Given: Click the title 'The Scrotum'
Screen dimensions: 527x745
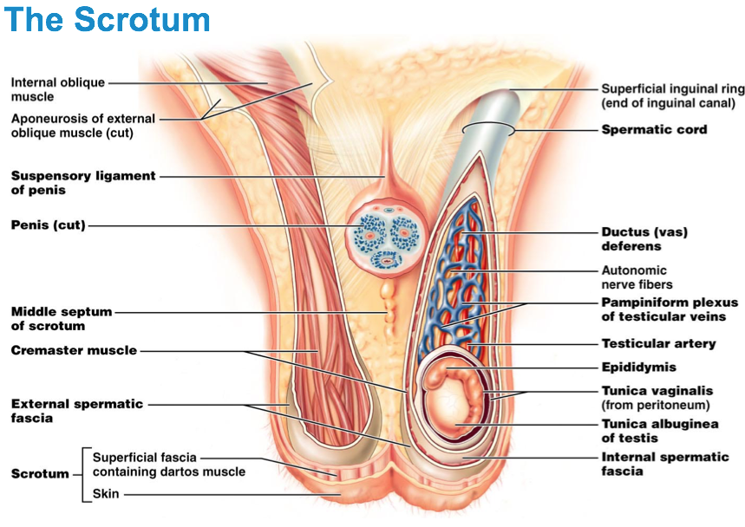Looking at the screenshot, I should (x=108, y=18).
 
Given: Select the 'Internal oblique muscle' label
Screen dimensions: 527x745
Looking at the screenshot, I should (x=57, y=89).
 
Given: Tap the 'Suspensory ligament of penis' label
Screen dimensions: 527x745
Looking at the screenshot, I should (x=83, y=182).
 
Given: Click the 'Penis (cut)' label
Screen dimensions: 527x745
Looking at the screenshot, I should (x=48, y=225).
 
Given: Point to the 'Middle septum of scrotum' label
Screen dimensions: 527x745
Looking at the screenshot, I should (x=60, y=319).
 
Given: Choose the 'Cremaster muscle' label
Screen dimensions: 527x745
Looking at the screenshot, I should (x=74, y=350).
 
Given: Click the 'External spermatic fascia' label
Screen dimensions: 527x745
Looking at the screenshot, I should (x=77, y=411).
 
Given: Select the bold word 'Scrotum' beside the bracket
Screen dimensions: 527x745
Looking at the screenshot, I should (x=40, y=474).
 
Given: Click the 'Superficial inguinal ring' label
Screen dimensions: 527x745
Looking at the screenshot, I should (x=668, y=96).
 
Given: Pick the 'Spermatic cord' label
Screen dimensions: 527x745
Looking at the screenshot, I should (x=654, y=130).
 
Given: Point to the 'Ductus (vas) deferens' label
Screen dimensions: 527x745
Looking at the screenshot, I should (x=645, y=239).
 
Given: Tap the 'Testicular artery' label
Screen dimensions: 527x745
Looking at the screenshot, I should (x=658, y=343).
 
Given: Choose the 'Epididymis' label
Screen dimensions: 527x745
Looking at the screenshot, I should (x=638, y=367).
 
